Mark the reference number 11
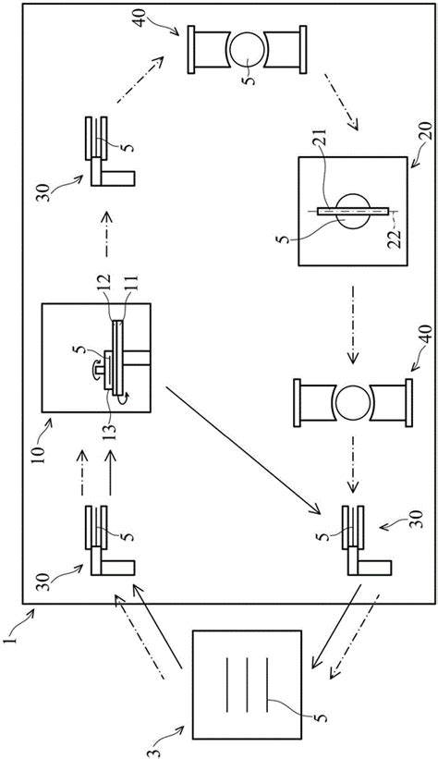(x=131, y=283)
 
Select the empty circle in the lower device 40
(x=353, y=403)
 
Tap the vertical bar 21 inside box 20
(x=354, y=211)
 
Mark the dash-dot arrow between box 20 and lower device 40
(x=353, y=324)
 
